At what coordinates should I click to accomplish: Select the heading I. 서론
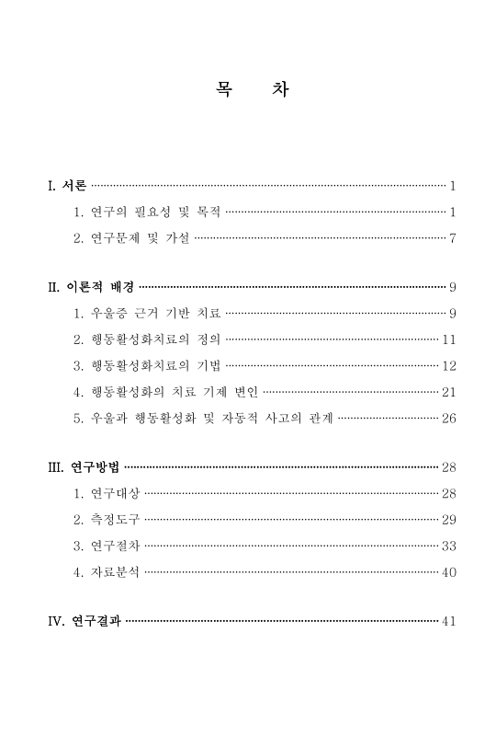coord(67,186)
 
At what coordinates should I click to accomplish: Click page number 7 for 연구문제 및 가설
coord(453,239)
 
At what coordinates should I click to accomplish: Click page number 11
coord(449,339)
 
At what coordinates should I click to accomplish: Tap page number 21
coord(449,392)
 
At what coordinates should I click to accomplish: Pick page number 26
coord(449,419)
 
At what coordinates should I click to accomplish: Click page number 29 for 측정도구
coord(449,520)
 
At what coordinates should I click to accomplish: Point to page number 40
coord(449,572)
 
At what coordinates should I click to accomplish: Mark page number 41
coord(449,620)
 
